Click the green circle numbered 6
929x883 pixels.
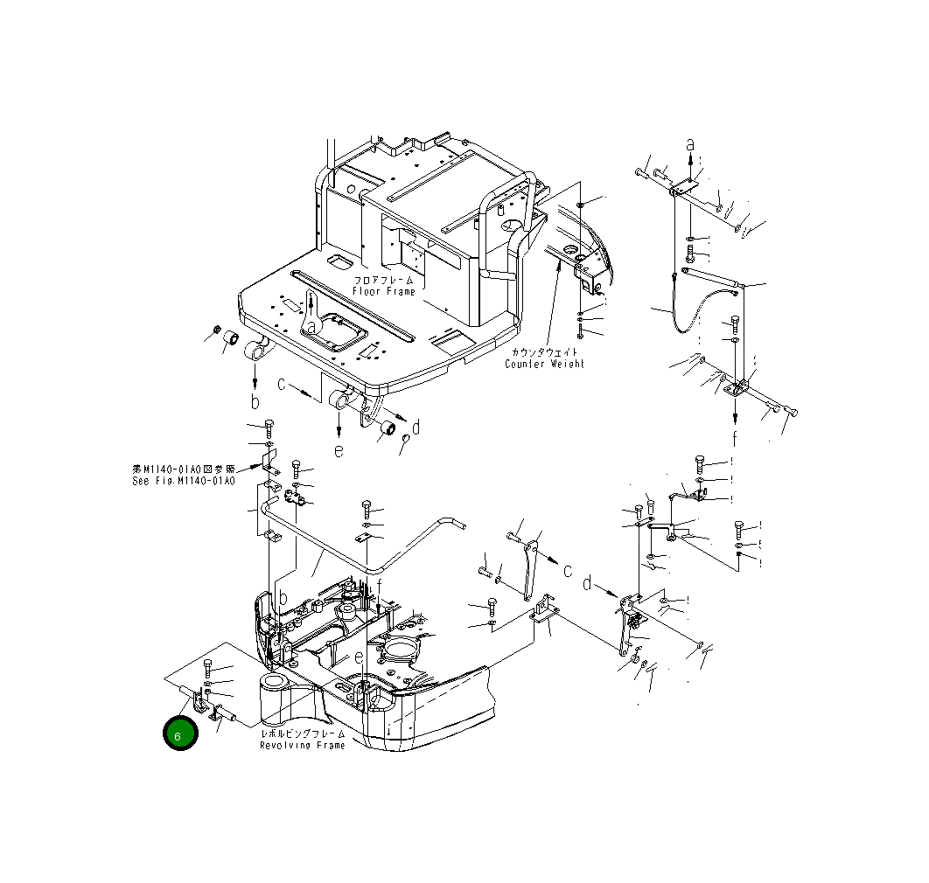180,734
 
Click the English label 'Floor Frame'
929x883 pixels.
384,291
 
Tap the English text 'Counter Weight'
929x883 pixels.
544,364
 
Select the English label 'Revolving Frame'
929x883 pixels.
303,745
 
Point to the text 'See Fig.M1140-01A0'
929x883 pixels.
184,481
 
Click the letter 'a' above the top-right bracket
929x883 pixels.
690,143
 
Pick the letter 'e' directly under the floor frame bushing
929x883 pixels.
339,450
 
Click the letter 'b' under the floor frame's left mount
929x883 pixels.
255,401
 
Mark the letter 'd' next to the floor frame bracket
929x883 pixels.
416,427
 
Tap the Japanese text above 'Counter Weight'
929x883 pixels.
544,351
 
